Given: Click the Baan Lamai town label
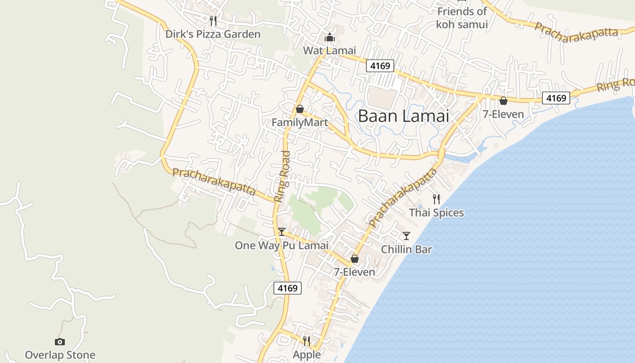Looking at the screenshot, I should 403,116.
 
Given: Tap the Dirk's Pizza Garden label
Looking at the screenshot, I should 213,34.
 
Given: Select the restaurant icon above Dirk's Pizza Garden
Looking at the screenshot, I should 213,20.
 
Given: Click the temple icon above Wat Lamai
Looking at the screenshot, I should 330,37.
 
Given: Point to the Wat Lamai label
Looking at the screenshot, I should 330,50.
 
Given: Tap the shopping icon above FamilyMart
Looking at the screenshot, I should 299,109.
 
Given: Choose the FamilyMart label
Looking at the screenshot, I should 299,123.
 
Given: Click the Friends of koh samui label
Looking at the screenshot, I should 462,18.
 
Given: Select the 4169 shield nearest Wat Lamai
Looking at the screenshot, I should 380,66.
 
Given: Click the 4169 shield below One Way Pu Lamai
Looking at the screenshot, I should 288,288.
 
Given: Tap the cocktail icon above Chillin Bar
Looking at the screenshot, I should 406,236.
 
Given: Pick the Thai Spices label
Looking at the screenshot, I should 436,212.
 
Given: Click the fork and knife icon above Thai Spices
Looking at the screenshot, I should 436,199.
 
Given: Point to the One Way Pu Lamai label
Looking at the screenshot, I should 281,245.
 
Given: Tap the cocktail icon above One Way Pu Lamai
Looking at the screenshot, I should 282,232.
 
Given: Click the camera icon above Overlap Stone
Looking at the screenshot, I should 60,342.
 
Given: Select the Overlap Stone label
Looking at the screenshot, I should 60,355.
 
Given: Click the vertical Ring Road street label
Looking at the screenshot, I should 282,177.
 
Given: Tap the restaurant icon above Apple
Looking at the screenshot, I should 307,341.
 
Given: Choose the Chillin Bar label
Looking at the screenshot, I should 406,249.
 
